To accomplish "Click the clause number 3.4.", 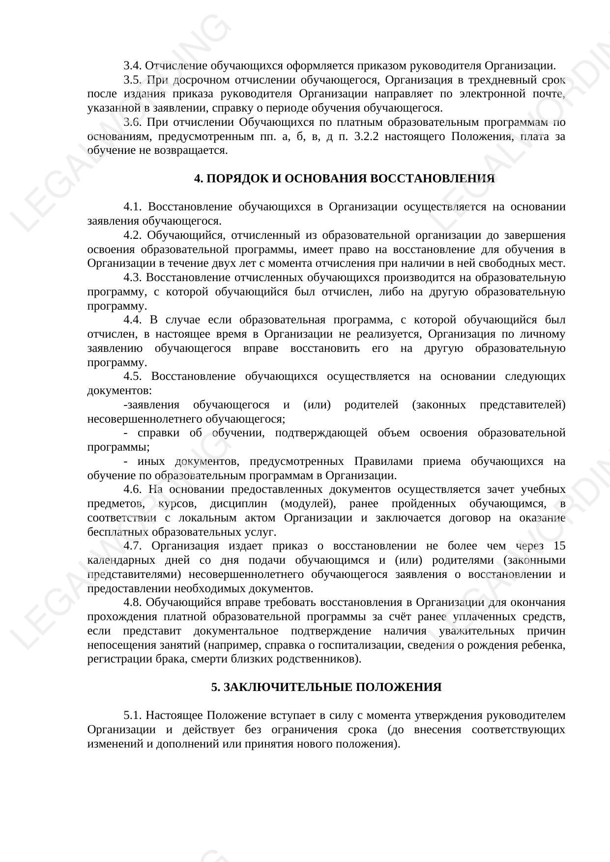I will click(x=132, y=65).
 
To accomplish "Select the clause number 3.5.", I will click(x=132, y=80).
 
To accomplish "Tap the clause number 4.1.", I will click(x=132, y=206).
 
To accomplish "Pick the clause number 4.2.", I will click(x=132, y=235).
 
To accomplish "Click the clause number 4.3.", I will click(x=132, y=277).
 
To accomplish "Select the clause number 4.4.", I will click(x=132, y=320).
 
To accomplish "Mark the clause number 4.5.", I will click(x=132, y=376).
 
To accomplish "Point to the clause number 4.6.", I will click(x=132, y=489).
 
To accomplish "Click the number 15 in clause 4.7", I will click(x=559, y=546).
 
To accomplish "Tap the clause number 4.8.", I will click(x=132, y=603).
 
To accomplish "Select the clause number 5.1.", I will click(x=132, y=715).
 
